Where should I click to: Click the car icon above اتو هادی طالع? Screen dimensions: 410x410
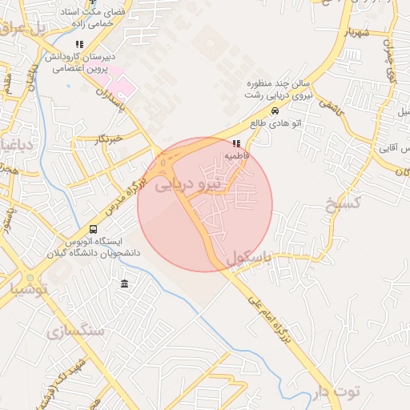point(275,111)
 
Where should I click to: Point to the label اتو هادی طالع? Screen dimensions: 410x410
point(268,123)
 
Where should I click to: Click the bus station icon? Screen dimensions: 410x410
point(94,229)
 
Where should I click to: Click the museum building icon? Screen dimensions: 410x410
point(124,283)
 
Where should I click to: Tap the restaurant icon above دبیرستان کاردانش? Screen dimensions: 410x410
point(78,45)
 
